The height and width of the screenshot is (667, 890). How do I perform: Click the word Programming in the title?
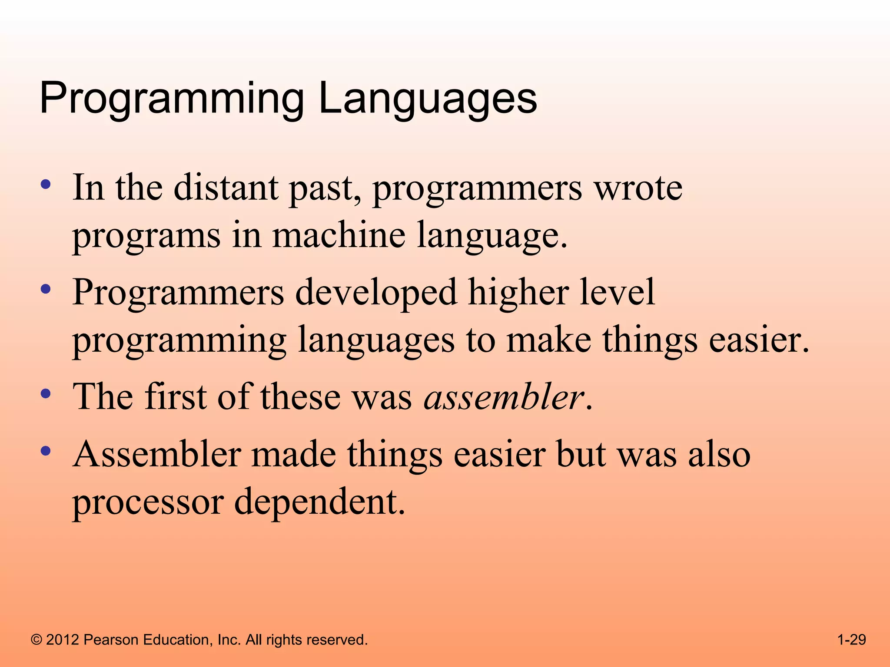click(x=172, y=99)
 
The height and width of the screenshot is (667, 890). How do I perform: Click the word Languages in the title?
click(x=428, y=99)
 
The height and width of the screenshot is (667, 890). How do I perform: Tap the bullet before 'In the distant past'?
click(x=46, y=185)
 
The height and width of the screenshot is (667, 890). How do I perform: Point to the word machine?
click(x=339, y=235)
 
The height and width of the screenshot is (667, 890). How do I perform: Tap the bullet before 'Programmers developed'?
click(x=46, y=289)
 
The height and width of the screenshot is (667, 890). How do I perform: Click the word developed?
click(x=376, y=293)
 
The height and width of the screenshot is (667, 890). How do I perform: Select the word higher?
click(x=518, y=293)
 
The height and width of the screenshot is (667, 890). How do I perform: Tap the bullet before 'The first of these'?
click(x=46, y=394)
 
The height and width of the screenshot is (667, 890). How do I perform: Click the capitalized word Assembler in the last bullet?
click(x=157, y=454)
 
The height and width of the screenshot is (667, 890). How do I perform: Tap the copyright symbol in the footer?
click(x=37, y=640)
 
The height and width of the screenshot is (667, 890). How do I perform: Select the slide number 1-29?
click(x=851, y=640)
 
